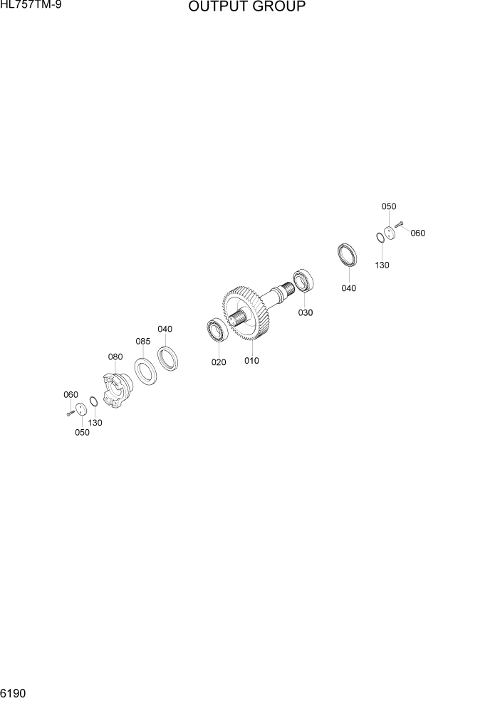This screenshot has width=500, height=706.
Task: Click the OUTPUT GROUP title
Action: pos(247,8)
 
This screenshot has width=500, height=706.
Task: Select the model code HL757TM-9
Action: pos(31,6)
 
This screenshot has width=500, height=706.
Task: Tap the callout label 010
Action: pos(251,361)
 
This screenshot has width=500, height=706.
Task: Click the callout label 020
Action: pos(218,362)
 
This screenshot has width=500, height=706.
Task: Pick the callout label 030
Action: pos(305,312)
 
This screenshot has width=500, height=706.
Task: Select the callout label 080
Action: pos(115,357)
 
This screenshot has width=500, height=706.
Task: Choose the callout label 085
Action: pos(143,342)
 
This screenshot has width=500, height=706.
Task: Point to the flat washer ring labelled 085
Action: pos(146,372)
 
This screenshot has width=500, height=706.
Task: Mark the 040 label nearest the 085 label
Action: pos(165,329)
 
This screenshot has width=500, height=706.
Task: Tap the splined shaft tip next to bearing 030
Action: pos(286,288)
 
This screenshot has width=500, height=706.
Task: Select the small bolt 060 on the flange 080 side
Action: pos(69,413)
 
